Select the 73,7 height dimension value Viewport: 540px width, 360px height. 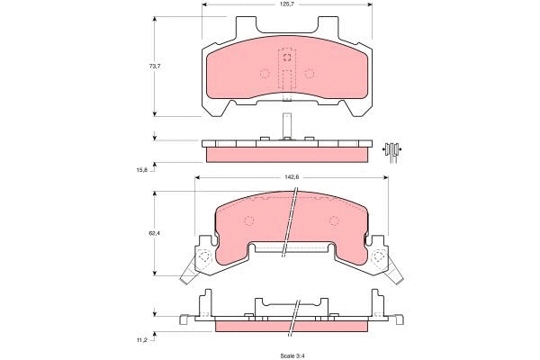click(x=141, y=67)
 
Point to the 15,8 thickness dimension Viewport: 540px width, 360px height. click(x=141, y=167)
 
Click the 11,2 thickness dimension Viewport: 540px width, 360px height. click(x=142, y=338)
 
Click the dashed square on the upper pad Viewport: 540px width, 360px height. click(x=287, y=58)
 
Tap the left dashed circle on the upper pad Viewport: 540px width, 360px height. click(x=265, y=74)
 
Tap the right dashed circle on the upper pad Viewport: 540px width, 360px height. click(x=309, y=74)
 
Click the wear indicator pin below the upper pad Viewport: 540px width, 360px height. click(x=286, y=122)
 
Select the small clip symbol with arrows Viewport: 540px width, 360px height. click(x=391, y=149)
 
